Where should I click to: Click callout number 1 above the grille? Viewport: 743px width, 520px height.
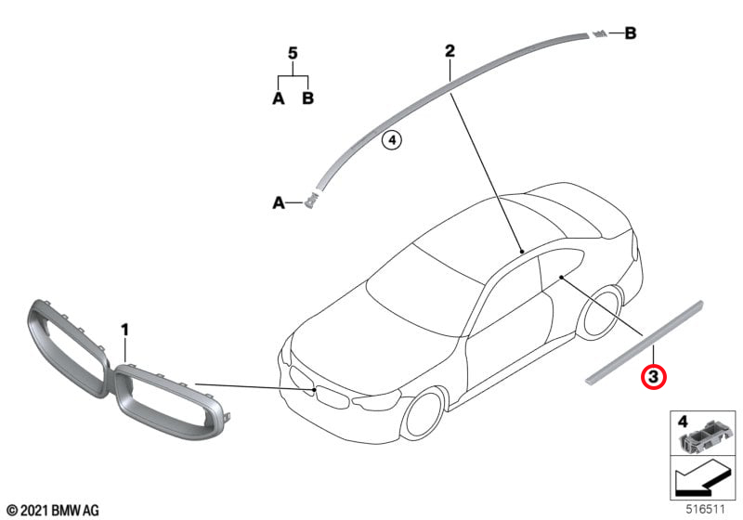click(x=124, y=330)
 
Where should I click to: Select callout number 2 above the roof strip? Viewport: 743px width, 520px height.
click(x=450, y=51)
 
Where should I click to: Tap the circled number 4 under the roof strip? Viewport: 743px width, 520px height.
click(x=392, y=140)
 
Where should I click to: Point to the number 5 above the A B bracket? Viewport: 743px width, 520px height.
click(x=293, y=54)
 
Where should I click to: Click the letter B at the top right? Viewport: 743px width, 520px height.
click(x=631, y=33)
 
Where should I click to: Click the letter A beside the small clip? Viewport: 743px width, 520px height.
click(x=279, y=203)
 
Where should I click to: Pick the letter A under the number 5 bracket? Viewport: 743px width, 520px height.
click(x=279, y=98)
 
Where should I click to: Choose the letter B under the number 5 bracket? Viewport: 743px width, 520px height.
click(x=308, y=98)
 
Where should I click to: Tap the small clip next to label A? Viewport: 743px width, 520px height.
click(x=310, y=200)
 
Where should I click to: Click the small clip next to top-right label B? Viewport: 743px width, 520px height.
click(x=598, y=33)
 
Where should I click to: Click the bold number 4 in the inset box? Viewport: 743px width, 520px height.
click(x=683, y=421)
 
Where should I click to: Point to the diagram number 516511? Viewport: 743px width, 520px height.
click(x=706, y=510)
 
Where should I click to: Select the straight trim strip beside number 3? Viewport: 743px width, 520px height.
click(x=645, y=342)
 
